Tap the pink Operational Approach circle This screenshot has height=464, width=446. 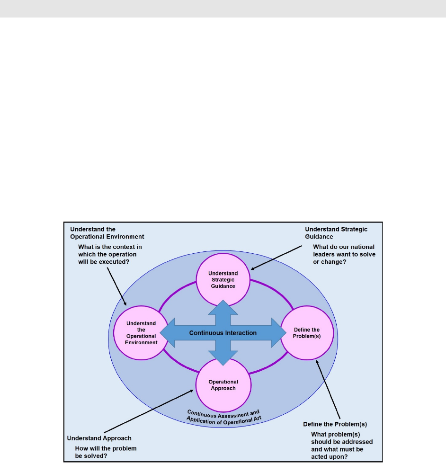click(x=223, y=384)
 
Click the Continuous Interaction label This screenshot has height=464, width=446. click(x=223, y=333)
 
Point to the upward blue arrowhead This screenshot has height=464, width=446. click(x=223, y=307)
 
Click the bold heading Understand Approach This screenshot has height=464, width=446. click(x=99, y=438)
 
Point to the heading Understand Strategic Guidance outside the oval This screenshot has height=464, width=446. click(x=336, y=232)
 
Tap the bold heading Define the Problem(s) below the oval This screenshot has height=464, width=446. click(x=335, y=424)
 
